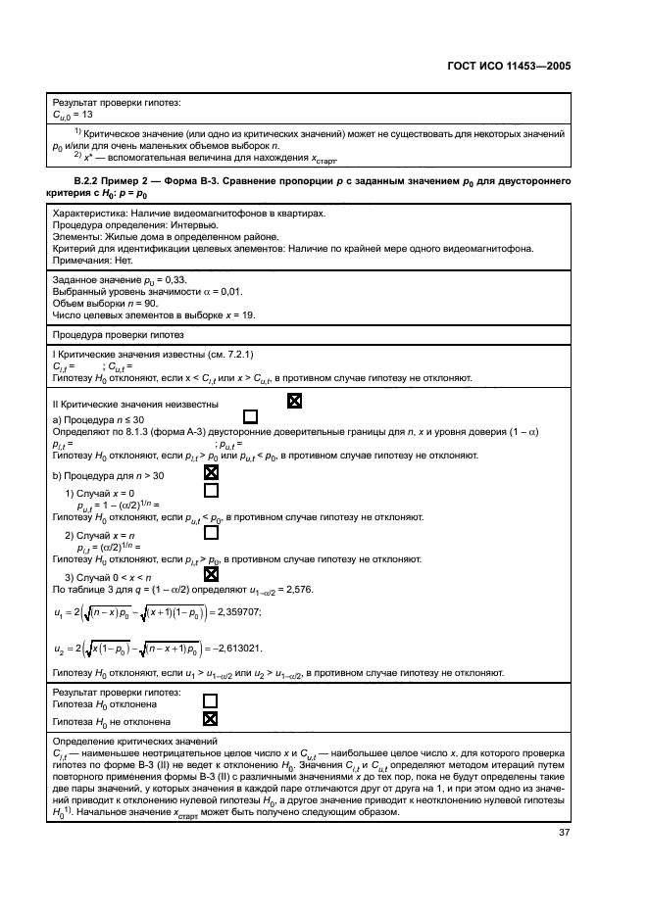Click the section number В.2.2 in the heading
(91, 181)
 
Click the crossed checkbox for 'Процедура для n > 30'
(210, 472)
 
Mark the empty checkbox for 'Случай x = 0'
(210, 491)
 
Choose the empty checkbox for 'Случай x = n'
(210, 534)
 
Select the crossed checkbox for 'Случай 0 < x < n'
(210, 575)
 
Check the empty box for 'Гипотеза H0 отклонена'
(210, 701)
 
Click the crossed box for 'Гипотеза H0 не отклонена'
(210, 718)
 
